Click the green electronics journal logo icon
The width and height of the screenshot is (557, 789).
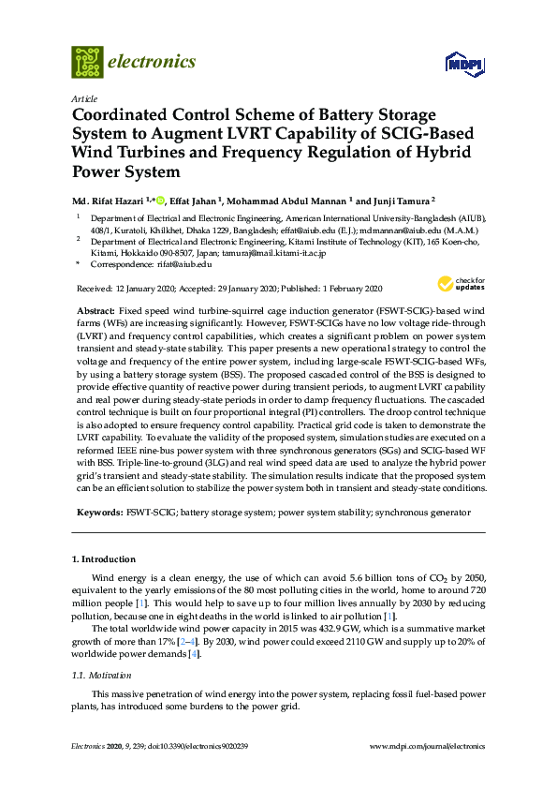87,62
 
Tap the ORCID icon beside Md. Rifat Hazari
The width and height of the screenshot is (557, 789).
160,200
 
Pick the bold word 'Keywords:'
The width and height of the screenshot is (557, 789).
97,514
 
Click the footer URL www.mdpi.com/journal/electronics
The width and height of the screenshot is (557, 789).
429,746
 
